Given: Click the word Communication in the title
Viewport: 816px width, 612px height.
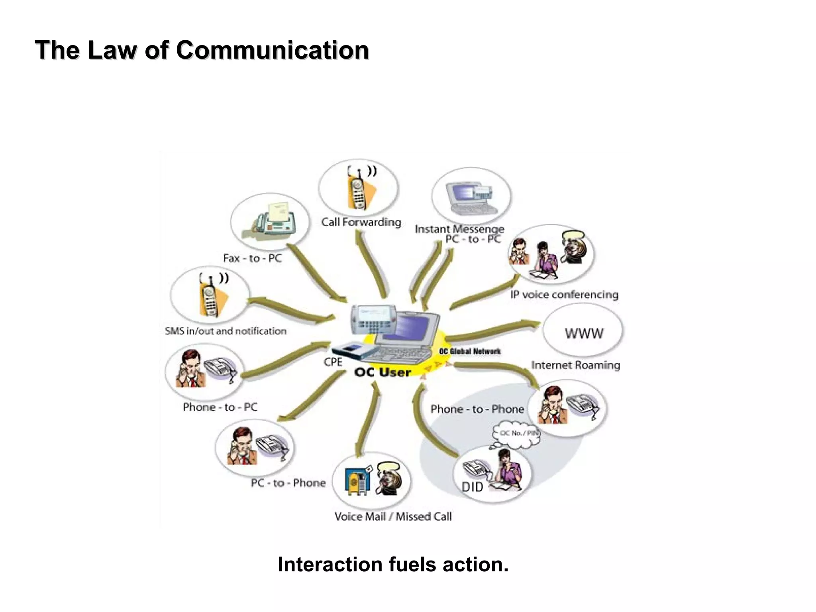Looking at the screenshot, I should [x=272, y=50].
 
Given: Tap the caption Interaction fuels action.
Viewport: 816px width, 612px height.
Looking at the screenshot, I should [x=393, y=565].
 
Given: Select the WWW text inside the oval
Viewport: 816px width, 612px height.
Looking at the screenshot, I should [x=584, y=333].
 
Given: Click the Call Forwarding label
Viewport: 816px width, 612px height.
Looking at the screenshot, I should [x=361, y=222].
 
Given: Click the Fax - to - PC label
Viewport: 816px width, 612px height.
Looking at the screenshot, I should [x=252, y=258].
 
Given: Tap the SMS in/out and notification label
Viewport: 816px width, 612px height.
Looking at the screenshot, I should [x=226, y=331].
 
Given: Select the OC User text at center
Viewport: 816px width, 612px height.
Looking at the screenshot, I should [x=382, y=372].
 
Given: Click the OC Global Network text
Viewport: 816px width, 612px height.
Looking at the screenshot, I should [x=469, y=351].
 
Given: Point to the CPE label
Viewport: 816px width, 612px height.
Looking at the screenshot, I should [x=333, y=362].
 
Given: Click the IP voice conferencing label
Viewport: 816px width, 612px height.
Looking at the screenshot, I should [x=564, y=295].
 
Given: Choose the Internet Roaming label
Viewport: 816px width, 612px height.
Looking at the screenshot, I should [x=575, y=365].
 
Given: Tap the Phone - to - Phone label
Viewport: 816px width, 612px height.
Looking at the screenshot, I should [x=477, y=409].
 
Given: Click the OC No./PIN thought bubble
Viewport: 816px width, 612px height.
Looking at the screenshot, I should [x=517, y=433].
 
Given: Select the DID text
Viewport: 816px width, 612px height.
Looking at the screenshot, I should [x=472, y=487].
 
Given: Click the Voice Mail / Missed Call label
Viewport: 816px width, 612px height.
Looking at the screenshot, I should [x=393, y=517].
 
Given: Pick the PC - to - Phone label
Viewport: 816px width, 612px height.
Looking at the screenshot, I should [x=288, y=483].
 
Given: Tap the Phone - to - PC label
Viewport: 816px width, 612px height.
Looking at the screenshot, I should [x=220, y=407].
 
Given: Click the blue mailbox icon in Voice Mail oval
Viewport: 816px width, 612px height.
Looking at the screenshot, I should [x=356, y=481].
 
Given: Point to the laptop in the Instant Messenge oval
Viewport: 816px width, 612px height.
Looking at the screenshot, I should [x=470, y=198].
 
